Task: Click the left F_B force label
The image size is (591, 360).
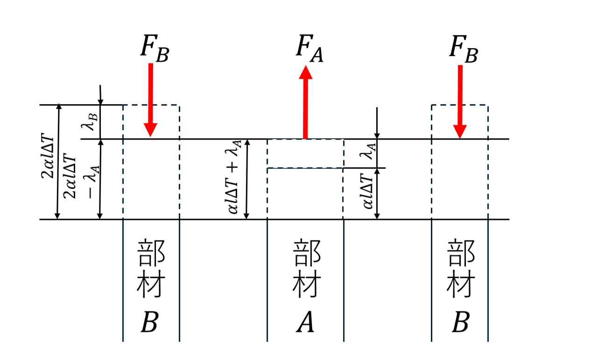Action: (155, 49)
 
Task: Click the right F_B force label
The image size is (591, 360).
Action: (463, 49)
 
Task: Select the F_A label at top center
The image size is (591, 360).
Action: (309, 49)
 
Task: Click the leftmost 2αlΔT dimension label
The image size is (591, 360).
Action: (49, 162)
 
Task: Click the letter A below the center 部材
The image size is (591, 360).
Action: (305, 322)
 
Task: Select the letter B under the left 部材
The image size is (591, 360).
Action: (150, 322)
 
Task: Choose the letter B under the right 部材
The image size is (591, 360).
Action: (460, 322)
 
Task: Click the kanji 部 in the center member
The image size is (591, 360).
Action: (306, 254)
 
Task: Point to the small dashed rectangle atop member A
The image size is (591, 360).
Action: (305, 153)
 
